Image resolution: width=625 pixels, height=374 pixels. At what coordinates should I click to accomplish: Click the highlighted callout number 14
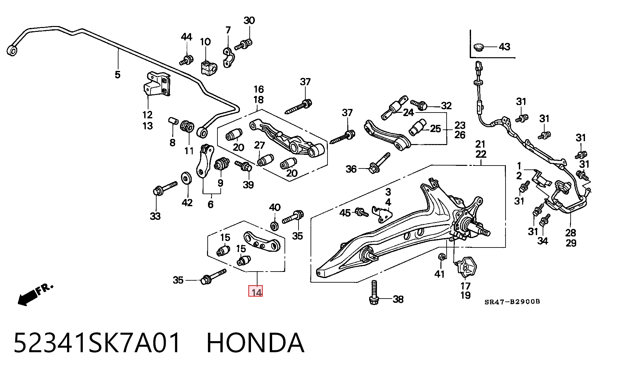pos(256,291)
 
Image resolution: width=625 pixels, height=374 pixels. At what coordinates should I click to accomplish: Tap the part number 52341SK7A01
pos(97,343)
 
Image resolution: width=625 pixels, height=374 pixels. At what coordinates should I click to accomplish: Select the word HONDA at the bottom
pos(256,343)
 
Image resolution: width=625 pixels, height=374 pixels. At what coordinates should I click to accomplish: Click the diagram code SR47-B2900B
pos(512,302)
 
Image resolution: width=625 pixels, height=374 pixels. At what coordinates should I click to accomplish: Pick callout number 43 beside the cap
pos(504,47)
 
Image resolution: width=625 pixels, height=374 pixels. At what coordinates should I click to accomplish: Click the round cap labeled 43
pos(479,47)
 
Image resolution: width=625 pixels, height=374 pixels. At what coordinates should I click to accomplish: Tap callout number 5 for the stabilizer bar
pos(118,74)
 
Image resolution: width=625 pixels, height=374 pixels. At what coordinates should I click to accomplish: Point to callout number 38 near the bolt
pos(398,299)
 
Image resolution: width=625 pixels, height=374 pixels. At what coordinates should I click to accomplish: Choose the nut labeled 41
pos(441,257)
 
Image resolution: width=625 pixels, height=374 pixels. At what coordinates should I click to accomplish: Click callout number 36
pos(351,169)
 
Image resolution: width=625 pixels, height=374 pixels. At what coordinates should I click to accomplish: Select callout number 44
pos(187,37)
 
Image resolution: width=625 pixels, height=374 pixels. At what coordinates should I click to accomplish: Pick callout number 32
pos(446,105)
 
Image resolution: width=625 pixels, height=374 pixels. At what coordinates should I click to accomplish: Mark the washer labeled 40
pos(274,225)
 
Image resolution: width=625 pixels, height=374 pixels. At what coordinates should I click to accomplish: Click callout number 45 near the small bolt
pos(345,213)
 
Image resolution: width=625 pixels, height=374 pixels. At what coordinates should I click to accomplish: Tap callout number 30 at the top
pos(249,20)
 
